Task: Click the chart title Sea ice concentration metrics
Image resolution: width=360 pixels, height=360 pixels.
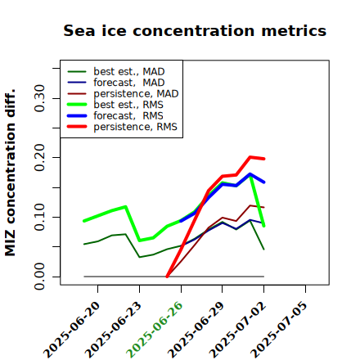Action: coord(195,31)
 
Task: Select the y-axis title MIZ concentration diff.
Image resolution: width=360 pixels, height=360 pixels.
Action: coord(10,173)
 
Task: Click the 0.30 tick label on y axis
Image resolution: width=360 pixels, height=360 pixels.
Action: coord(39,98)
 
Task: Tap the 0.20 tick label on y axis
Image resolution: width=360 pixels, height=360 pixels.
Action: coord(39,158)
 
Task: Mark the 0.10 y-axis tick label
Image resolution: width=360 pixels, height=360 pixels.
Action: coord(39,217)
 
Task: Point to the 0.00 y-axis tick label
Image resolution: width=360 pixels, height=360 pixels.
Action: coord(39,277)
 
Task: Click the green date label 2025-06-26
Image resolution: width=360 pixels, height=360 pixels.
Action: coord(155,330)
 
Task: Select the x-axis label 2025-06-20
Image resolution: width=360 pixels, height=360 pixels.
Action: coord(71,330)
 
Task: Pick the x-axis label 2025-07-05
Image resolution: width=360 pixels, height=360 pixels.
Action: coord(279,330)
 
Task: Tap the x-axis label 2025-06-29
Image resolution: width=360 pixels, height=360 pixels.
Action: coord(196,330)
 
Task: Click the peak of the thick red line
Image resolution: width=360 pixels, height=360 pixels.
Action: coord(250,157)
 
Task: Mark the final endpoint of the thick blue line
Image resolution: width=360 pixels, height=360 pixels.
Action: coord(264,182)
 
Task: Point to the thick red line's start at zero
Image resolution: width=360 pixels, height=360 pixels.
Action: coord(167,277)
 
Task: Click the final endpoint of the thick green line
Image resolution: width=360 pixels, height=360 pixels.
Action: coord(264,226)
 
